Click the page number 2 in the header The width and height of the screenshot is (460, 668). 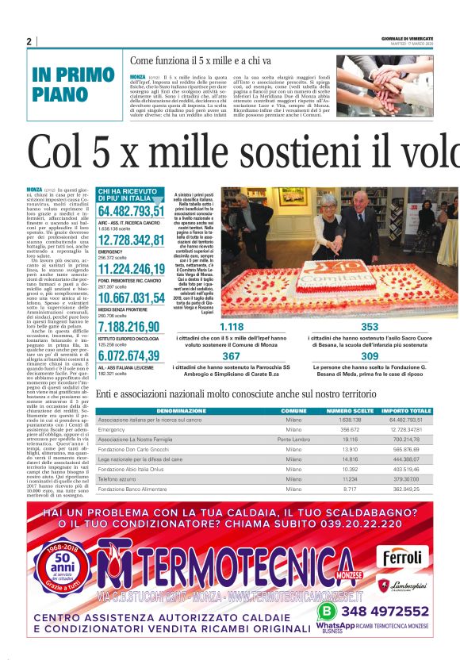(x=29, y=41)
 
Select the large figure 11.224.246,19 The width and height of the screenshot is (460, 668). (x=131, y=269)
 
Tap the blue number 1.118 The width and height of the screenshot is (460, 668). (x=232, y=326)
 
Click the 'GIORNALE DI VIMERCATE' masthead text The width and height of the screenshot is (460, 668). (x=404, y=38)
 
